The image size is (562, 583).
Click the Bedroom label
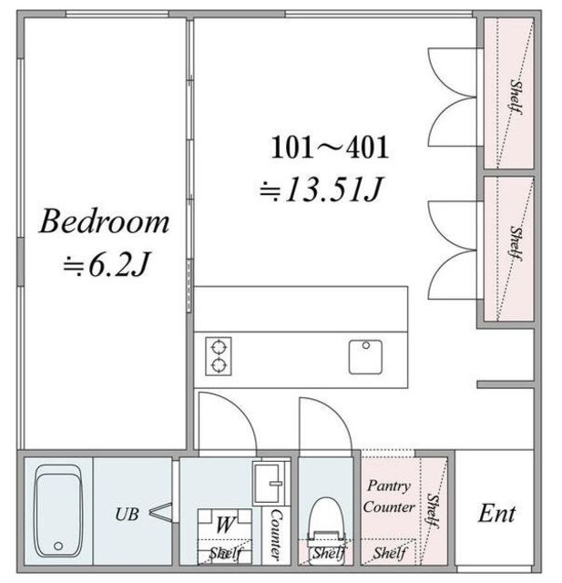point(105,222)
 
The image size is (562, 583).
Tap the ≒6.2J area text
point(107,265)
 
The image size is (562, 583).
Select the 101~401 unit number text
point(330,148)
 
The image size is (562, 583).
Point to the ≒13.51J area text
point(322,189)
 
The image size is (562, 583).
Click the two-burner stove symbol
point(219,356)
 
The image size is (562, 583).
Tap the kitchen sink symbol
point(365,357)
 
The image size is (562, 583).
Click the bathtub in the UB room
point(58,511)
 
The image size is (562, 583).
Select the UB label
point(128,515)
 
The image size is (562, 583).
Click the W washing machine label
point(225,525)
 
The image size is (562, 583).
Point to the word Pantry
point(389,486)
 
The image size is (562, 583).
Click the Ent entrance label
point(496,514)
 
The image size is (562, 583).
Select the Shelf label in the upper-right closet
point(516,96)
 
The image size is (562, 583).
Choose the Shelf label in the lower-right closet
point(516,243)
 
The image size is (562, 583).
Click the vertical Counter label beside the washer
point(276,535)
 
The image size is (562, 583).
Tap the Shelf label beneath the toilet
point(330,553)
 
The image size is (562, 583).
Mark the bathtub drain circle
point(58,547)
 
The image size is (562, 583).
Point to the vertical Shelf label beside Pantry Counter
point(433,511)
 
